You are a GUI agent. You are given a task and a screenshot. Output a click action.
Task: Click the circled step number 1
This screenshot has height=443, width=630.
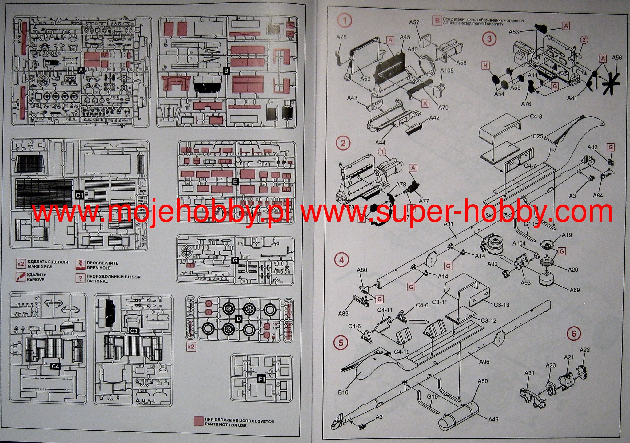click(x=345, y=21)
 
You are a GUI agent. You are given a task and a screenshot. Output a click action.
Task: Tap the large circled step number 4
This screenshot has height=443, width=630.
click(x=341, y=260)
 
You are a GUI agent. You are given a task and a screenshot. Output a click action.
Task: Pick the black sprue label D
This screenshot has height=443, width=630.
click(x=239, y=319)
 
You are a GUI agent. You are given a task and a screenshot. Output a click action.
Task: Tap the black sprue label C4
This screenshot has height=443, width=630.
click(x=55, y=366)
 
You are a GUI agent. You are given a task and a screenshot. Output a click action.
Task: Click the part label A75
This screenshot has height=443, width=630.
click(x=341, y=37)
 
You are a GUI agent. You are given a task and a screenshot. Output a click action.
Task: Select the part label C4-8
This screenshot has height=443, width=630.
click(x=536, y=117)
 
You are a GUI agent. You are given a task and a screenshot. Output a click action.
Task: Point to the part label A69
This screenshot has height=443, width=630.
click(x=574, y=290)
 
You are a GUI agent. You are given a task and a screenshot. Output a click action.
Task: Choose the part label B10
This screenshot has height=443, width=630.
click(x=343, y=392)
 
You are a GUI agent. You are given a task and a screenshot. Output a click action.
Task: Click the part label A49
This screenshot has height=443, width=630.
click(x=493, y=419)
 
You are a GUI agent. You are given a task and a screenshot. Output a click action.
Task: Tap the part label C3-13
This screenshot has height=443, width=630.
click(x=501, y=304)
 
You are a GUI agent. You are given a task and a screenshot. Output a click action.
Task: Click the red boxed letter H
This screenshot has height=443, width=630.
click(x=485, y=66)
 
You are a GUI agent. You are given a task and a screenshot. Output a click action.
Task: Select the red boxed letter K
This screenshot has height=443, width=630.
click(x=425, y=104)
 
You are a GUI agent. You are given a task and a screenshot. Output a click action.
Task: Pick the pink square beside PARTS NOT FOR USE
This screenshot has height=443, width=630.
click(x=198, y=421)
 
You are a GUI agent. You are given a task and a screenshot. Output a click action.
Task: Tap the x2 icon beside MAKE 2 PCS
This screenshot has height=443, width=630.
click(x=21, y=264)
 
